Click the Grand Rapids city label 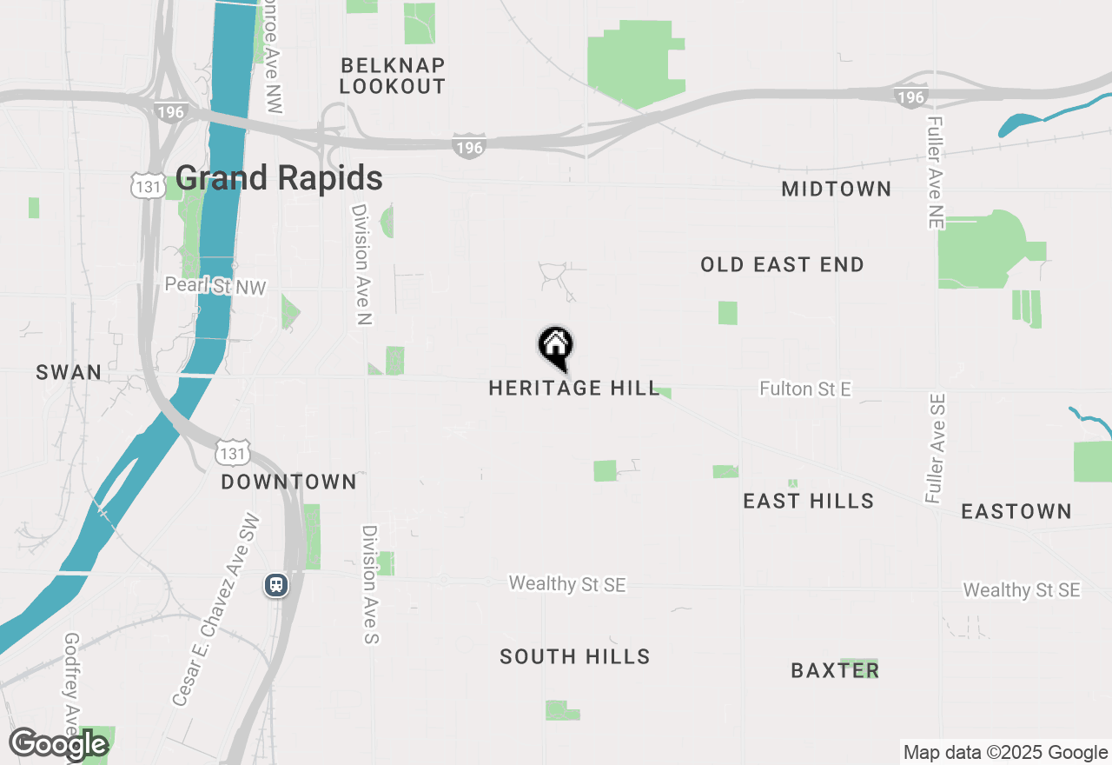pos(279,178)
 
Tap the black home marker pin pos(555,347)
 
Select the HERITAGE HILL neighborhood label pos(574,388)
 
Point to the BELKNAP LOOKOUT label pos(393,76)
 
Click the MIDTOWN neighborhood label pos(836,189)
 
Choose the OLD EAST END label pos(782,265)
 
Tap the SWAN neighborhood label pos(69,373)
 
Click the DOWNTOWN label pos(288,482)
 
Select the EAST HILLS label pos(808,501)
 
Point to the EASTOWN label pos(1016,511)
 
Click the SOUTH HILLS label pos(574,656)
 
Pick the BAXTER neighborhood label pos(835,670)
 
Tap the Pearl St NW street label pos(215,286)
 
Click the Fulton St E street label pos(804,389)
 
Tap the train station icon pos(276,585)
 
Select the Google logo pos(58,744)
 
